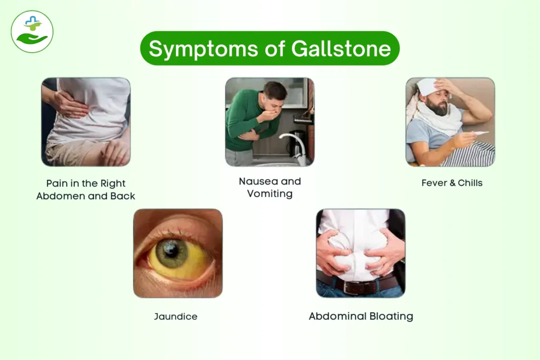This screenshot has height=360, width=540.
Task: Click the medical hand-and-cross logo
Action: click(32, 32)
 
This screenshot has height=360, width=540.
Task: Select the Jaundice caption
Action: click(176, 317)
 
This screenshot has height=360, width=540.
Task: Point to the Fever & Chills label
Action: click(452, 183)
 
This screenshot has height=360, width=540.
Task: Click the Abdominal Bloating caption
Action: click(361, 317)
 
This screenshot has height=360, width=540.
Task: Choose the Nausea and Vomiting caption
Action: click(269, 187)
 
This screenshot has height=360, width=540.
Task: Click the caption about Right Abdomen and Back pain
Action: click(86, 190)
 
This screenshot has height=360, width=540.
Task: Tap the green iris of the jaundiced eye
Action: click(172, 254)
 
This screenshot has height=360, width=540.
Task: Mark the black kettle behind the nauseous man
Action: click(297, 140)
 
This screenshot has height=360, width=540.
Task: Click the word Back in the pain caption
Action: click(123, 196)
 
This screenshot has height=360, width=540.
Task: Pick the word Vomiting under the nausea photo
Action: click(270, 193)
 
